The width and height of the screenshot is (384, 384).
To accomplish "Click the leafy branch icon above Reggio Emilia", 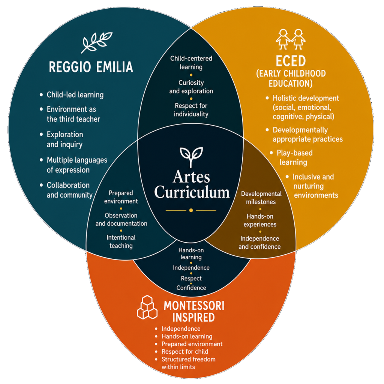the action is coord(96,42).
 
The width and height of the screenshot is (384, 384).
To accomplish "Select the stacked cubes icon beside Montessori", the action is coord(147,307).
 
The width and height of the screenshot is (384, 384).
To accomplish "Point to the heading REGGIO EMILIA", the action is coord(91,67).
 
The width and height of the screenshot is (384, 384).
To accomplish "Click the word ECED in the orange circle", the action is coord(291,61).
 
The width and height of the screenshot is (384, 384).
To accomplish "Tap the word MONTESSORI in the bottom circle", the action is coord(194,306).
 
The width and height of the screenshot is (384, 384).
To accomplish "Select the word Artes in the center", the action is coord(191,177).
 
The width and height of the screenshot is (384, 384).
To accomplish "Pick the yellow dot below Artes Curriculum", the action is coord(191,210).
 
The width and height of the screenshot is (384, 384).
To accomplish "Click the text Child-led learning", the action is coord(75,95).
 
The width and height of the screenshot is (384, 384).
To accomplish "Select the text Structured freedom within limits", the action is coord(188,363).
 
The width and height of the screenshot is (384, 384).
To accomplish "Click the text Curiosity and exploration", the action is coord(191,87).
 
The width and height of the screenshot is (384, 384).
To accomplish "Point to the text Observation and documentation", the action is coord(121,219).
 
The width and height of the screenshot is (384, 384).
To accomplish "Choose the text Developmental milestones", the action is coord(261,198).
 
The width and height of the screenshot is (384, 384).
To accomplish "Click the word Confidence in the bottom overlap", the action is coord(191,288).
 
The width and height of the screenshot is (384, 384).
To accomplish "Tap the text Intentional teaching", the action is coord(121,241).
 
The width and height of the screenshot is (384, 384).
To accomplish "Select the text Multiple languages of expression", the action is coord(77,165).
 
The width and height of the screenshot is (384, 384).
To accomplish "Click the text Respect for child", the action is coord(185,352).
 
